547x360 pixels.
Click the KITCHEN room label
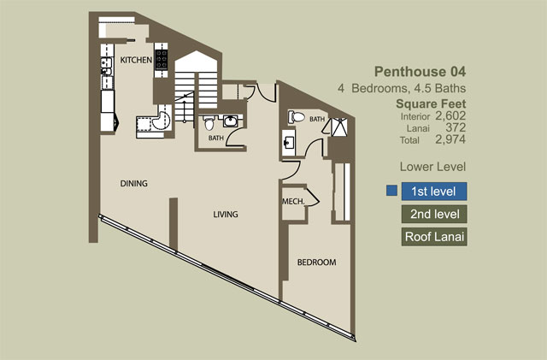(x=136, y=60)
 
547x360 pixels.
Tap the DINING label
(x=133, y=183)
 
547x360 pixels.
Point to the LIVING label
(x=226, y=214)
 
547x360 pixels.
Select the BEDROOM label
(x=316, y=263)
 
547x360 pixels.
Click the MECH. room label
(x=293, y=202)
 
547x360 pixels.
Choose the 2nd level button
(x=434, y=214)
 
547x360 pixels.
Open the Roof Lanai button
(x=434, y=237)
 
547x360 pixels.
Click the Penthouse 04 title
(x=420, y=72)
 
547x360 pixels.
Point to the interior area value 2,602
(x=450, y=115)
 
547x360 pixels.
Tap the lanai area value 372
(x=456, y=127)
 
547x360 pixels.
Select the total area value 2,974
(x=450, y=139)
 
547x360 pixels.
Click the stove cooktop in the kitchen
(x=162, y=60)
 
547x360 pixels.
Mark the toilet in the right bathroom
(x=296, y=117)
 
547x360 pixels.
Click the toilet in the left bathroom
(x=209, y=123)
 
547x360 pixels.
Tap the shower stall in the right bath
(x=339, y=127)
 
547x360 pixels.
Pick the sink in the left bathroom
(x=230, y=121)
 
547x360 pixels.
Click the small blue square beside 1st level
(x=391, y=191)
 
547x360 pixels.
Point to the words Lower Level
(x=432, y=167)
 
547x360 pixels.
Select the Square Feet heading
(x=431, y=103)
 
